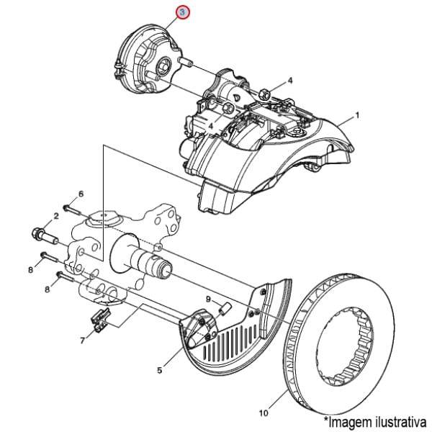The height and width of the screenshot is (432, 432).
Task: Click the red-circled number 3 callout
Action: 183,13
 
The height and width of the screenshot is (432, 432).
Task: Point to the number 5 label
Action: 159,371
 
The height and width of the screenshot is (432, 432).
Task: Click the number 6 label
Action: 81,194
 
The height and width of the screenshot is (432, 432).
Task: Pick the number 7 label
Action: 82,338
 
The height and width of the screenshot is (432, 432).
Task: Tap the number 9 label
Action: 208,299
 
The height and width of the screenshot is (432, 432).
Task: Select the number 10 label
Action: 263,413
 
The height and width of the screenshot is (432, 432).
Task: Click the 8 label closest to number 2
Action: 31,270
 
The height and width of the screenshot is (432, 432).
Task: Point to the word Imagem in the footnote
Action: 343,419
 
